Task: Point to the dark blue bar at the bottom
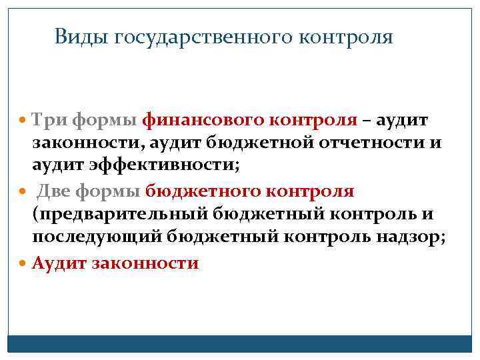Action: (x=240, y=343)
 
